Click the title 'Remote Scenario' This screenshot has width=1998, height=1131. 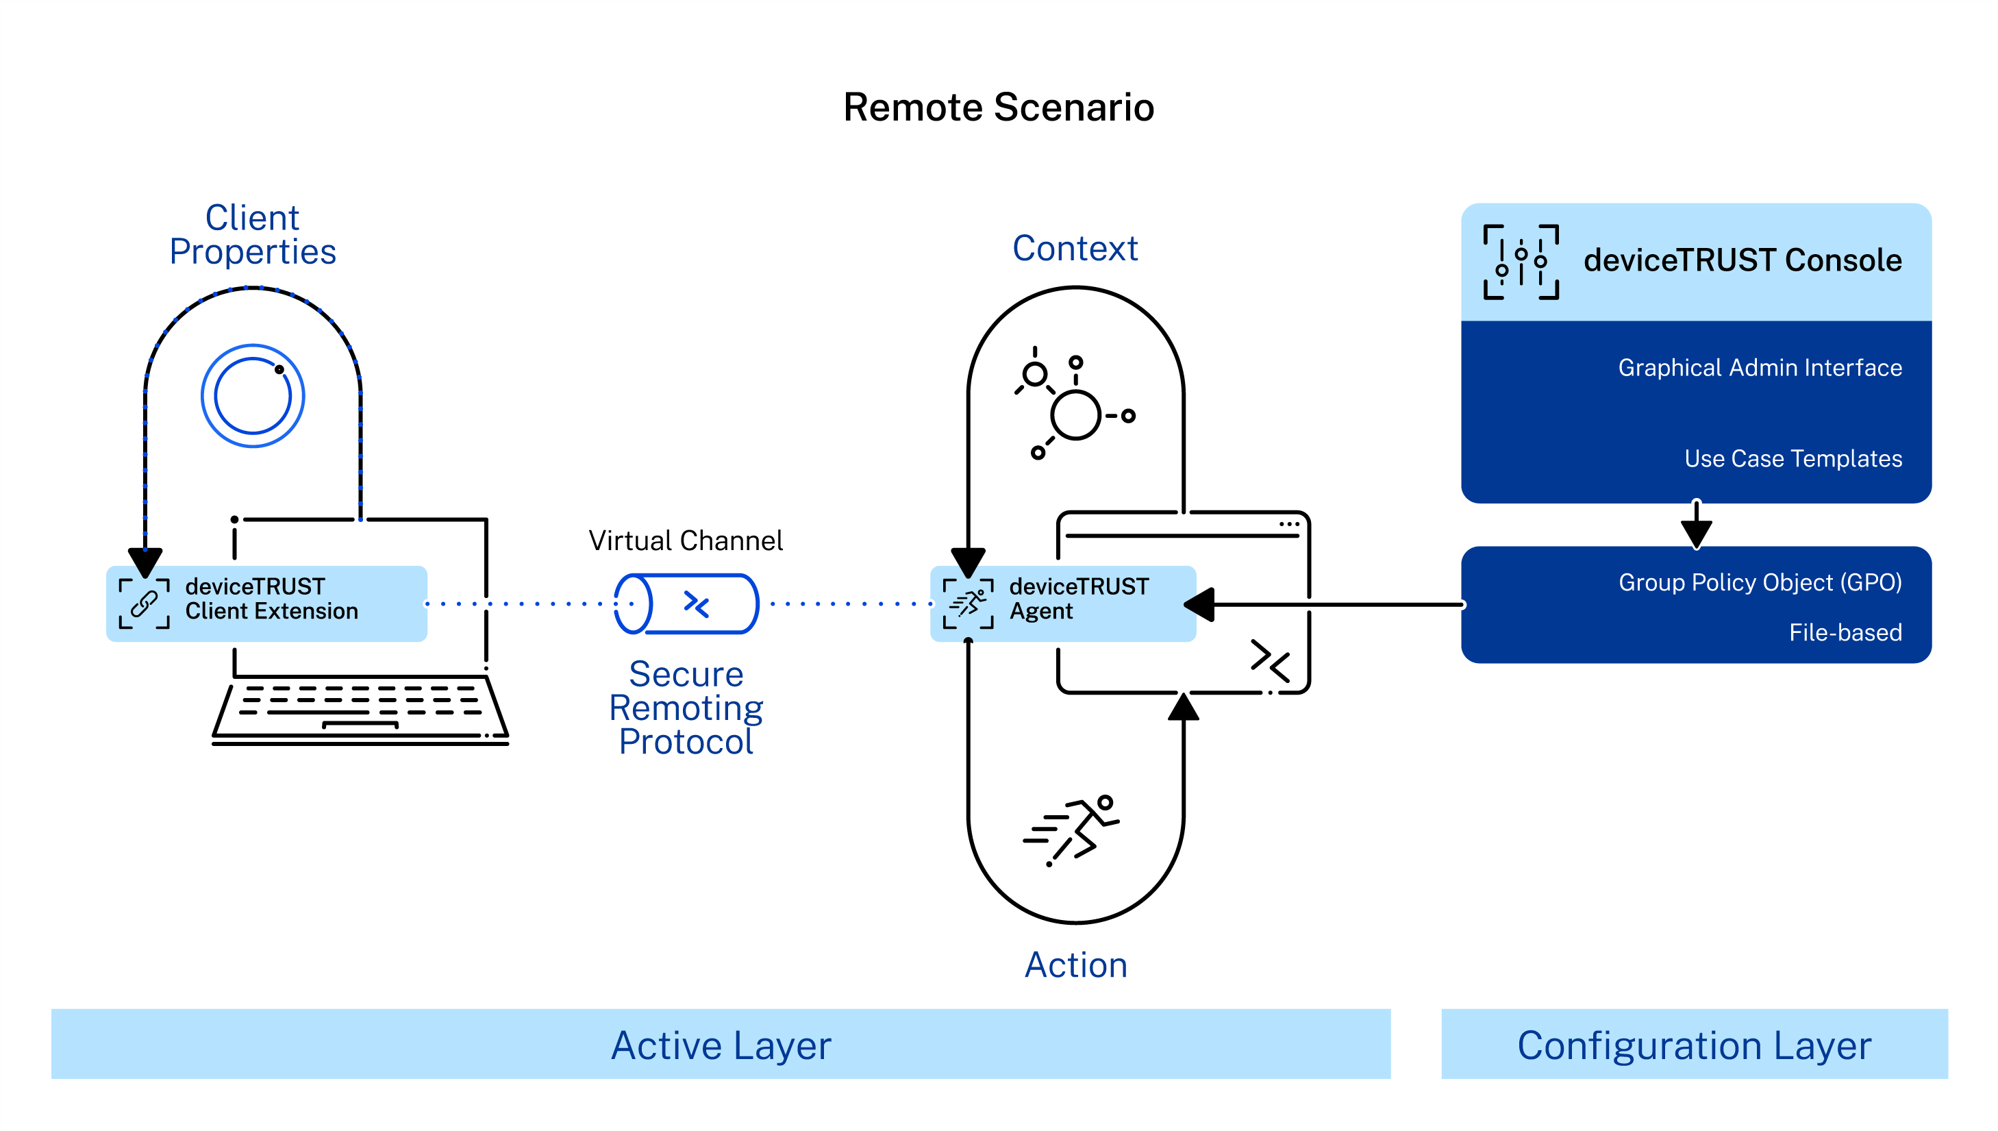point(998,107)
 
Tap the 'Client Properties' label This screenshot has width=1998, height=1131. point(252,234)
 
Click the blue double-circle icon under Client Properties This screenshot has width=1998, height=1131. point(252,395)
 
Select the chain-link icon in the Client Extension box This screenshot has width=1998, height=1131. point(144,604)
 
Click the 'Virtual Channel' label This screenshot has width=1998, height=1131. point(685,540)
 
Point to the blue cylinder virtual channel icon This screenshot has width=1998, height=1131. point(686,604)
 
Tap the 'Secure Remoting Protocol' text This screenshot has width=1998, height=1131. point(686,708)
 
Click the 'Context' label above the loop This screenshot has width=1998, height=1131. point(1075,249)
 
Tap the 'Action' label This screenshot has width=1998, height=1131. point(1075,965)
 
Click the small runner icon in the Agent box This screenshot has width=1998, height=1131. point(968,604)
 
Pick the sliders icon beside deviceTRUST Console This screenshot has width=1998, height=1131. point(1521,262)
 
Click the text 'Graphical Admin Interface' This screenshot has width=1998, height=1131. point(1759,367)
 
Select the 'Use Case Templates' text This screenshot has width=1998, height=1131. point(1793,458)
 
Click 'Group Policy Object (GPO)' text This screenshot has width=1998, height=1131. point(1760,582)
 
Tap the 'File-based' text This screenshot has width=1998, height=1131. point(1845,632)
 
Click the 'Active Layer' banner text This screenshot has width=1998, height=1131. point(721,1045)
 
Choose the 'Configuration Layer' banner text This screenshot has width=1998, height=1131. point(1694,1045)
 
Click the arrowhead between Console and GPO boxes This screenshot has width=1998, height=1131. point(1696,534)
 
